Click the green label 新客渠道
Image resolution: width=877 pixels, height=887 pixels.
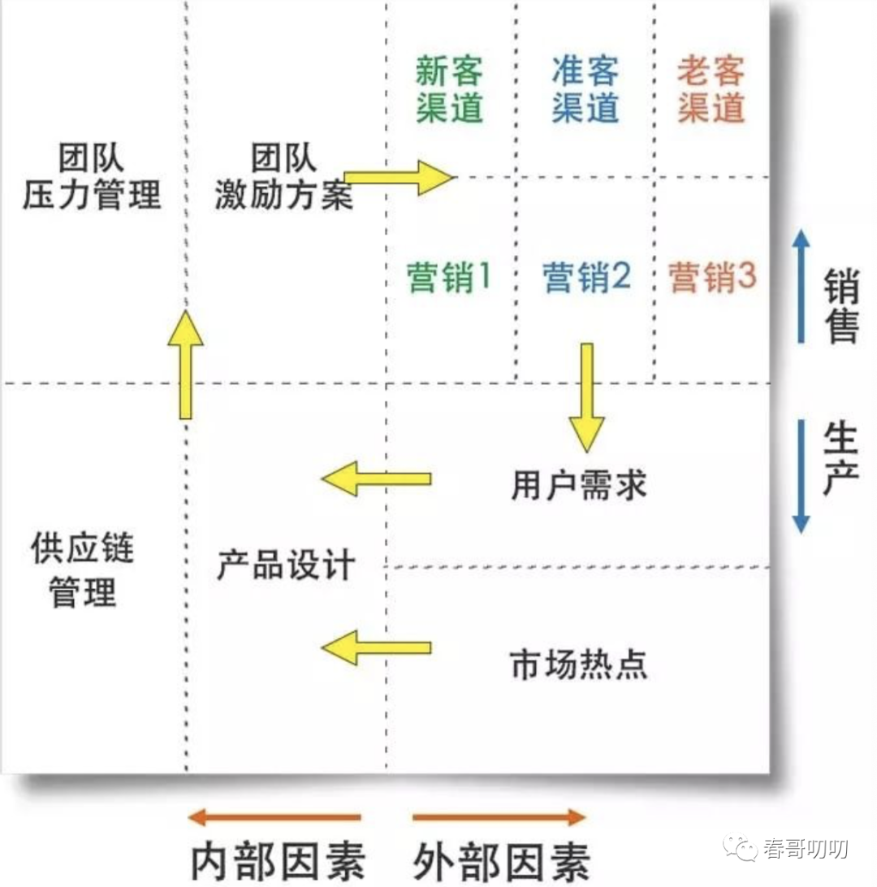coord(449,89)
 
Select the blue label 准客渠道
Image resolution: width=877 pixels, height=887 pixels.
coord(585,89)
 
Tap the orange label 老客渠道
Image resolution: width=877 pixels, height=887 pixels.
coord(711,89)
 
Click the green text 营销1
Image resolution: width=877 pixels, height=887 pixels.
coord(449,279)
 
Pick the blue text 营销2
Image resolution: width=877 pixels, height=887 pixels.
coord(586,279)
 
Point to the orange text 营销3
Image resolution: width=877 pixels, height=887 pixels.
coord(712,279)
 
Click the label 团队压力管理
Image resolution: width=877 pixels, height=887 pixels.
coord(91,177)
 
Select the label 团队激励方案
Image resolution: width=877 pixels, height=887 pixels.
coord(284,177)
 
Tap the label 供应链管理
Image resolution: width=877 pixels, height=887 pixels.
coord(83,570)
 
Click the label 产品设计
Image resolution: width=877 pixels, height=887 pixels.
coord(286,564)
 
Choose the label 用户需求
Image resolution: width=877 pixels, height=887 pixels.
coord(579,486)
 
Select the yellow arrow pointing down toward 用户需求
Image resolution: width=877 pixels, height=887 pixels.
coord(586,396)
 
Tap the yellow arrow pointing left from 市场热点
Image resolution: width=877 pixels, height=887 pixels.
coord(376,647)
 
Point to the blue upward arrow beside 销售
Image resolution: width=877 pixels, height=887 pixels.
coord(801,284)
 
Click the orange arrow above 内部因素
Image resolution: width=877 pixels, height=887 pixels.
coord(274,817)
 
